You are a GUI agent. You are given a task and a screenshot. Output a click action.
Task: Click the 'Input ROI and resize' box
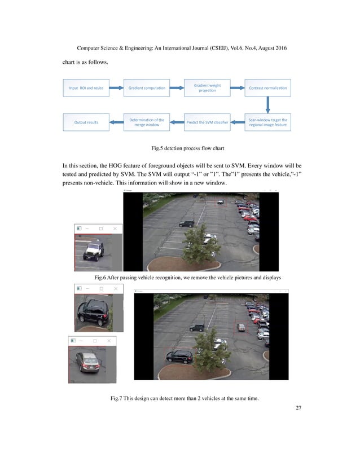point(86,88)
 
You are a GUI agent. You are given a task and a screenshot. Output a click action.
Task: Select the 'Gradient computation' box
point(147,88)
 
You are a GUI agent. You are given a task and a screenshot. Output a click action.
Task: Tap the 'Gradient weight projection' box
point(207,88)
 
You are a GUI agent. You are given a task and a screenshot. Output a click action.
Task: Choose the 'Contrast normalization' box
point(267,88)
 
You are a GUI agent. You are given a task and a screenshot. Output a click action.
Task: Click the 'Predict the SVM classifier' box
point(207,122)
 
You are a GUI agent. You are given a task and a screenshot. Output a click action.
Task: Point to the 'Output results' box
point(86,122)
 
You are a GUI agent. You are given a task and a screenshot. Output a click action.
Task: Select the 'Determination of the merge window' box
point(147,122)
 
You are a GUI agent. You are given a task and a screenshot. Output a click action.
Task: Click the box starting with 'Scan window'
point(267,122)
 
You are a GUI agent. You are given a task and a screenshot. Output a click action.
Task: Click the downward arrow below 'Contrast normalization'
point(268,105)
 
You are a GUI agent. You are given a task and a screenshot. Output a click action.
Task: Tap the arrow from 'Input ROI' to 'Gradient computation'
point(116,88)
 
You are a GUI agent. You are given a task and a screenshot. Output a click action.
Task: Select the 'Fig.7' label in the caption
point(118,399)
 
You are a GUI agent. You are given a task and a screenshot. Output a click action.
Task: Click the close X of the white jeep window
point(115,228)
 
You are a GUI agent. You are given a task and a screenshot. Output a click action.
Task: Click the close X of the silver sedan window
point(108,341)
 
